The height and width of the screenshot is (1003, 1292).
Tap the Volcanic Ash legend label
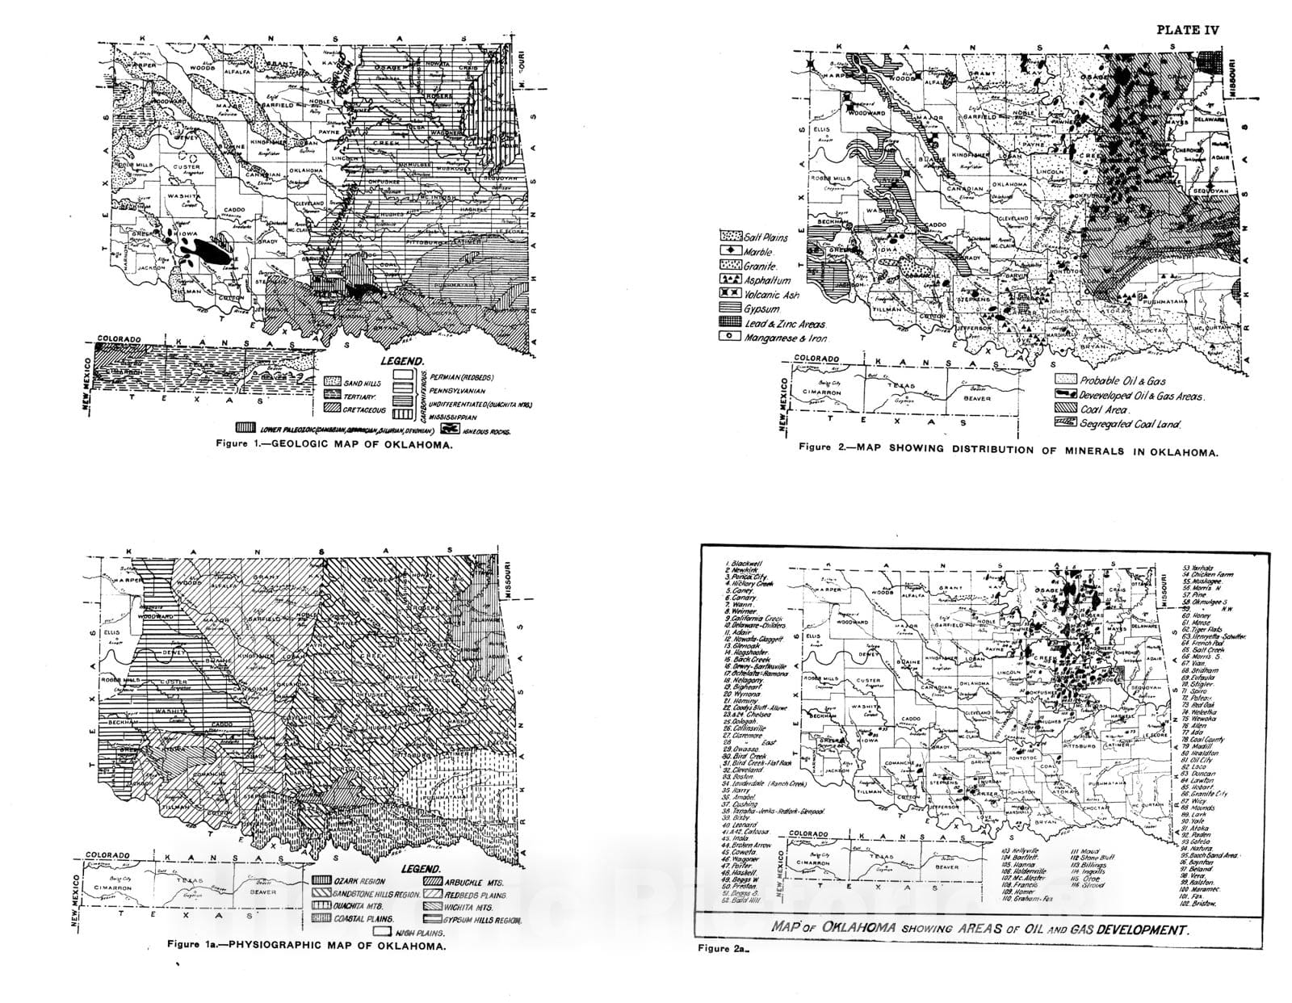(x=772, y=296)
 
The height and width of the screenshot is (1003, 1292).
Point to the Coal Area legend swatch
(x=1066, y=410)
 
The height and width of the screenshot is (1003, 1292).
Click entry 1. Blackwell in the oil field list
(x=745, y=563)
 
